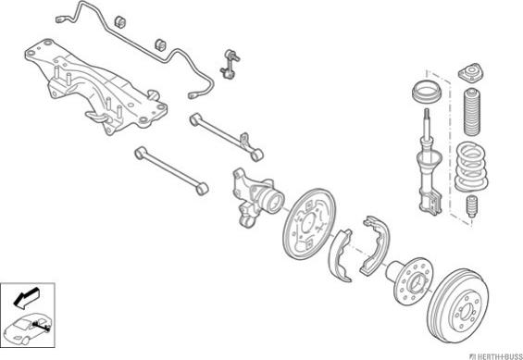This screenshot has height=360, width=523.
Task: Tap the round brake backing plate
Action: coord(309,224)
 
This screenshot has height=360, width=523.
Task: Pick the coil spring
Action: coord(471,167)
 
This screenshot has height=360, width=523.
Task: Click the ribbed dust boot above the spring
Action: coord(472,112)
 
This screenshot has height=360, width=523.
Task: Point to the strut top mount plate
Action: coord(470,73)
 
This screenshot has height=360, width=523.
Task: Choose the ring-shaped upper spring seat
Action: coord(427,92)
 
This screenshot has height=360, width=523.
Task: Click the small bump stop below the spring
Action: coord(471,206)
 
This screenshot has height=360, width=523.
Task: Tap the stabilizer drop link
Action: coord(230,64)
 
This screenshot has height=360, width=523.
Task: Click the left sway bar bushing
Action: coord(120,21)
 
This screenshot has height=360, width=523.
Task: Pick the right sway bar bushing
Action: coord(161,45)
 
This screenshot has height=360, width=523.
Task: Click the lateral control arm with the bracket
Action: coord(227,137)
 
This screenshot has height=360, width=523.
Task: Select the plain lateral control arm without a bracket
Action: coord(172,170)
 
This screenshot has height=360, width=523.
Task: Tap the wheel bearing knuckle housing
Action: coord(256,197)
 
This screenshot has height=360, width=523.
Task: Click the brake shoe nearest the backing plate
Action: coord(340,255)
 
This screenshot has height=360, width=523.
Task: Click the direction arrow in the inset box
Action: coord(27,297)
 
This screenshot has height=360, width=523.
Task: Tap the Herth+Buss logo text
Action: coord(496,355)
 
